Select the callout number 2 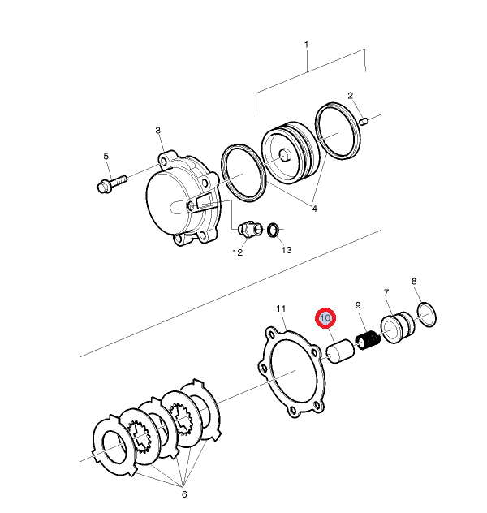tap(351, 96)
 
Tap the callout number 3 tap(158, 130)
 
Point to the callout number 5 tap(105, 156)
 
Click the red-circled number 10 tap(325, 318)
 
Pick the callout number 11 tap(281, 308)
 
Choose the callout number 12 tap(238, 252)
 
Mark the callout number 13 tap(286, 249)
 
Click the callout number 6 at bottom tap(183, 494)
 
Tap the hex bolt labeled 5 tap(111, 182)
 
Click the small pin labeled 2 tap(364, 122)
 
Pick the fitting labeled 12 tap(249, 231)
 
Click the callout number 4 tap(314, 208)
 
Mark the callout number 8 tap(414, 282)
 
